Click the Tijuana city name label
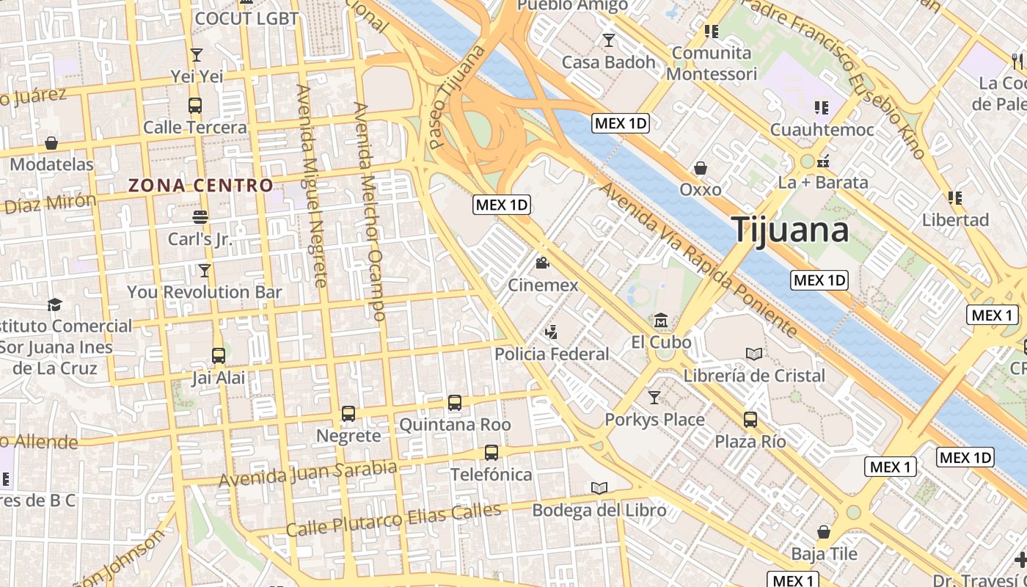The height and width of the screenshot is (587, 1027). [791, 230]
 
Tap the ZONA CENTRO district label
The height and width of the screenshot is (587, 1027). [201, 186]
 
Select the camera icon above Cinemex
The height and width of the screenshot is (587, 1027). [543, 263]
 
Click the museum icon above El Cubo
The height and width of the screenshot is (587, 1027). [661, 321]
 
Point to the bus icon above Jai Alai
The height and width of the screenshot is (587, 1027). [219, 356]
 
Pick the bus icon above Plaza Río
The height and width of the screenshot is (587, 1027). [750, 420]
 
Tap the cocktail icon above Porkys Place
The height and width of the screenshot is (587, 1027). [654, 398]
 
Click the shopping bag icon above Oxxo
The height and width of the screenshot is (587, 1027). [701, 168]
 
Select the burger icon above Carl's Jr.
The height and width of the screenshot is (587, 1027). [200, 217]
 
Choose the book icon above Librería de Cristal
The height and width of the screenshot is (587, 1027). [754, 354]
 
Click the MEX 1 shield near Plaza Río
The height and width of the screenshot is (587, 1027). [891, 467]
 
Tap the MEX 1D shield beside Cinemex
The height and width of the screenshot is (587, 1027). [502, 205]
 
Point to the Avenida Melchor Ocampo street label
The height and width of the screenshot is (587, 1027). [369, 211]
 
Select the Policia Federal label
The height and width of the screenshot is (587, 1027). [552, 354]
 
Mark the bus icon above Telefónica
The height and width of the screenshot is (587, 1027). [491, 453]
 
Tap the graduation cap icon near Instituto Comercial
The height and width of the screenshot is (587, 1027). [54, 305]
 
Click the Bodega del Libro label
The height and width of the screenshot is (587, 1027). [599, 510]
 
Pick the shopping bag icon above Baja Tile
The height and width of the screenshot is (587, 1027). [824, 532]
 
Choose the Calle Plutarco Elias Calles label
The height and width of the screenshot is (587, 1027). [393, 519]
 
